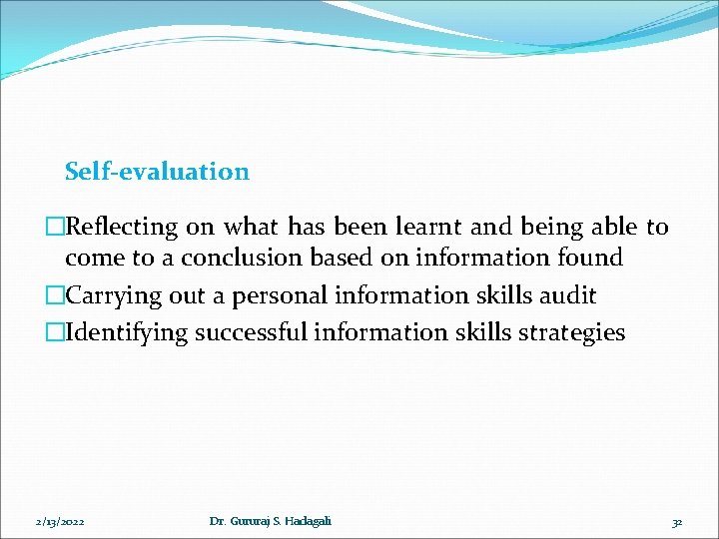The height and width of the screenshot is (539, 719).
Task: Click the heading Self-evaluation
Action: tap(157, 172)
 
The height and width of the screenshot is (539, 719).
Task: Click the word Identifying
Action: tap(127, 333)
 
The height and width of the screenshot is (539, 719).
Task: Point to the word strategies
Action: tap(568, 333)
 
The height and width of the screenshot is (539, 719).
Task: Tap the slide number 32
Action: tap(676, 521)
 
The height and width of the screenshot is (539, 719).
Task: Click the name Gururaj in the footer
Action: tap(249, 521)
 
